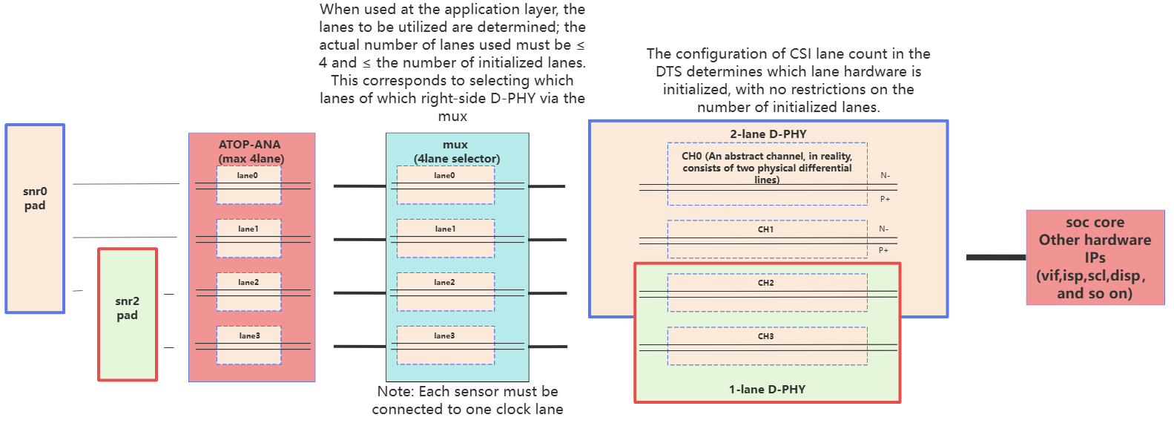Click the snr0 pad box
[35, 218]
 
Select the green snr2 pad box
[128, 314]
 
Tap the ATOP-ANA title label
[249, 145]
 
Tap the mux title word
[455, 145]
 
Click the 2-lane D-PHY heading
[768, 134]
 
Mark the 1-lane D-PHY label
[767, 390]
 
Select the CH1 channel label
[766, 230]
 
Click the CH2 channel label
[766, 284]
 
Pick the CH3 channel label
[766, 337]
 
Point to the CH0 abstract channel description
[767, 168]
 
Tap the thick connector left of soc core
[996, 258]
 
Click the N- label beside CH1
[883, 229]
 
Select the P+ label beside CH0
[885, 200]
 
